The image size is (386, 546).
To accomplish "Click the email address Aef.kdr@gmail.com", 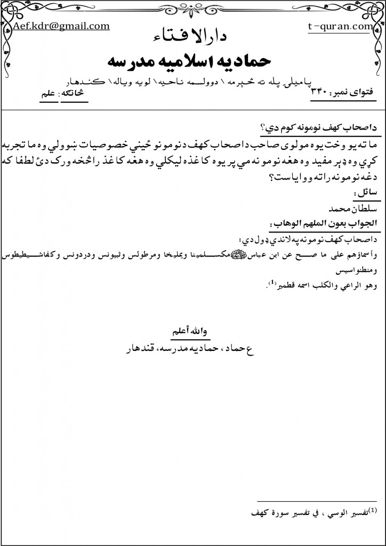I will [62, 26].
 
